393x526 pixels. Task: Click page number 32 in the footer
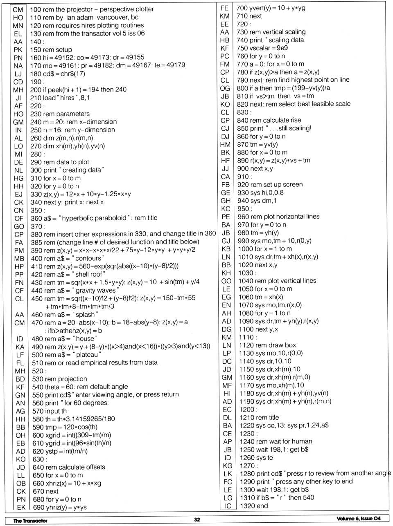tap(197, 519)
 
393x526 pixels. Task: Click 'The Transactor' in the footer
tap(30, 520)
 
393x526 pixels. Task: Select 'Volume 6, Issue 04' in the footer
tap(359, 519)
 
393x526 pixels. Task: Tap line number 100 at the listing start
tap(35, 9)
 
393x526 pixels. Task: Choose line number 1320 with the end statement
tap(245, 506)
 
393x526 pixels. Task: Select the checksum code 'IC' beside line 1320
tap(228, 506)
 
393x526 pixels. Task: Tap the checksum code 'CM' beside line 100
tap(18, 9)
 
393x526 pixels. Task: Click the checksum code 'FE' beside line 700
tap(224, 8)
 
